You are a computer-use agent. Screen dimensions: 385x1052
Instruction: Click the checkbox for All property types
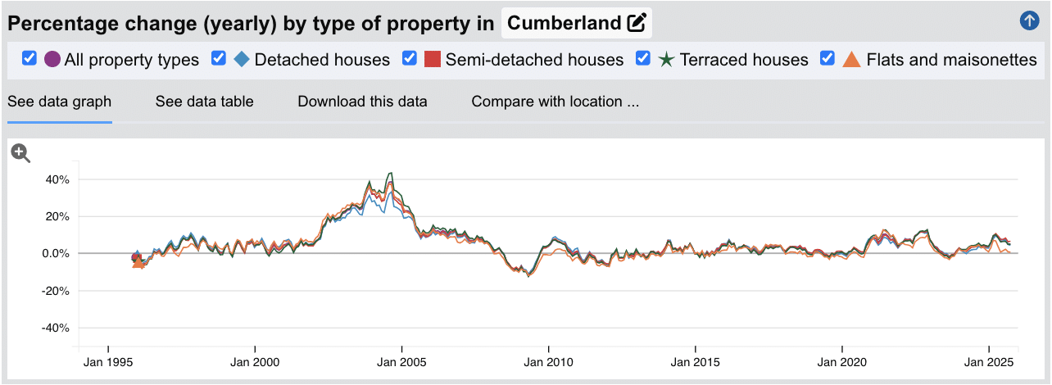pyautogui.click(x=29, y=59)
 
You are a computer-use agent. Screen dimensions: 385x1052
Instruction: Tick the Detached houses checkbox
pyautogui.click(x=219, y=59)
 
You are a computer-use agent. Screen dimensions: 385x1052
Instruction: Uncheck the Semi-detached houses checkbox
pyautogui.click(x=410, y=59)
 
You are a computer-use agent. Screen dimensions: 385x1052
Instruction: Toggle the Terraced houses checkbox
pyautogui.click(x=643, y=59)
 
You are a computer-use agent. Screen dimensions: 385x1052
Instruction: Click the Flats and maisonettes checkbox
pyautogui.click(x=828, y=59)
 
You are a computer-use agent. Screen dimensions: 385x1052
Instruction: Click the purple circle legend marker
pyautogui.click(x=52, y=60)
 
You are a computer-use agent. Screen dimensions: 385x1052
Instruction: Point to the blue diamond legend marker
pyautogui.click(x=242, y=60)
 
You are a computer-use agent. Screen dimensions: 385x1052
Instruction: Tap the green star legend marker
pyautogui.click(x=667, y=60)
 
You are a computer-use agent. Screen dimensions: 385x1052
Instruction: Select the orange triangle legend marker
pyautogui.click(x=851, y=60)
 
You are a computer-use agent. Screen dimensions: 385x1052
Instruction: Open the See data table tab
pyautogui.click(x=204, y=102)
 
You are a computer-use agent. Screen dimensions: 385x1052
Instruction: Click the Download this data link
pyautogui.click(x=362, y=102)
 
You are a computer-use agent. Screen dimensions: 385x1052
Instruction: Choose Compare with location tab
pyautogui.click(x=555, y=102)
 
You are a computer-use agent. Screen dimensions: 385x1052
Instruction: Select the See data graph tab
pyautogui.click(x=59, y=102)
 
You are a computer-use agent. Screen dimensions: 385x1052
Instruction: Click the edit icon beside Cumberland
pyautogui.click(x=636, y=23)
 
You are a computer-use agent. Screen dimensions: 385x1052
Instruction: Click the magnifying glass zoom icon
pyautogui.click(x=20, y=152)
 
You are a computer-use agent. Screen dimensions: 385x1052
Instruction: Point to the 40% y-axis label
pyautogui.click(x=57, y=179)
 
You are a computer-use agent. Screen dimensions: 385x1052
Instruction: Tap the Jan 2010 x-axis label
pyautogui.click(x=548, y=361)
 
